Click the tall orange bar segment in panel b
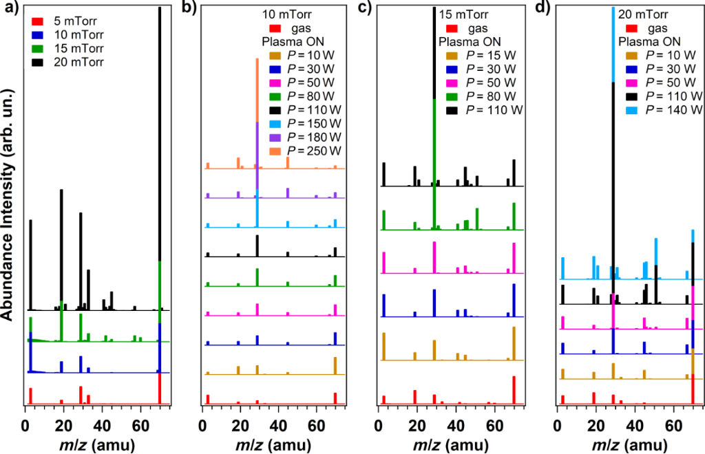click(x=257, y=89)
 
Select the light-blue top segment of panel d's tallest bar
click(x=613, y=45)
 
